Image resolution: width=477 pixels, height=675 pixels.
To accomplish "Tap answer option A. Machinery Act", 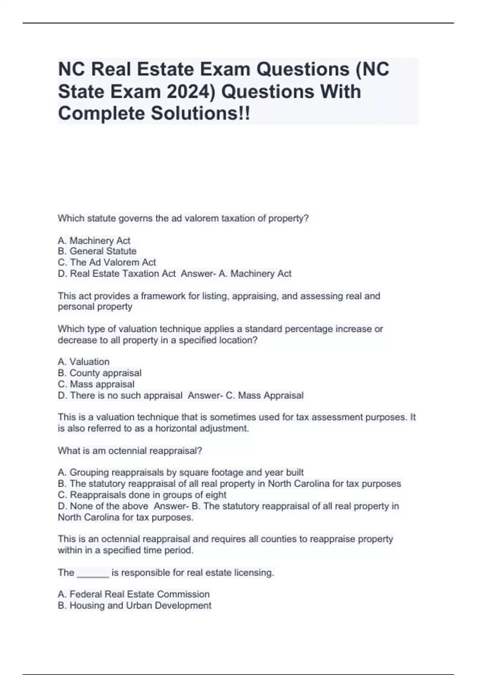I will [94, 241].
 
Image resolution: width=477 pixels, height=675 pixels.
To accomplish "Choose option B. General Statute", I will [97, 251].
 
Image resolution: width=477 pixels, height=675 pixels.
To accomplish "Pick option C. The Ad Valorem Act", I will [107, 262].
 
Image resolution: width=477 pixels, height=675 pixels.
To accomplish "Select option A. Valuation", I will [83, 362].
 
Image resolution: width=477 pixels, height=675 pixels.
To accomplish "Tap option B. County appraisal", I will [100, 373].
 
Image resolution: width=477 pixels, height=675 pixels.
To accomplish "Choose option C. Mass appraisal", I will [96, 384].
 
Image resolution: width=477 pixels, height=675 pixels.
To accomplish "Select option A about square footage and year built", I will [181, 472].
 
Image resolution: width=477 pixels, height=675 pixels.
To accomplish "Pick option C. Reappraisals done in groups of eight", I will [142, 495].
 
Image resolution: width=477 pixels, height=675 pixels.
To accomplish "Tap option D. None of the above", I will [103, 506].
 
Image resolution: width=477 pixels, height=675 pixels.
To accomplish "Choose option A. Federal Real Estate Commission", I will [134, 594].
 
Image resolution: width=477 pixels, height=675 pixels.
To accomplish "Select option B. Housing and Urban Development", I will [135, 606].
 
